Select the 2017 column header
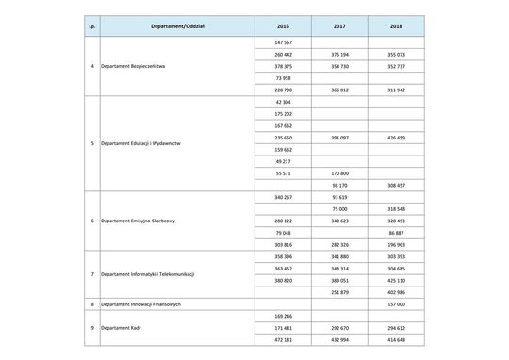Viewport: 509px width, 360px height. pos(339,26)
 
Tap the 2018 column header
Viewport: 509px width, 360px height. pos(396,26)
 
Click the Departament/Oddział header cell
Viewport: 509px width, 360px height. pos(175,26)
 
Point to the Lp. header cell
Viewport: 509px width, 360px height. pos(90,26)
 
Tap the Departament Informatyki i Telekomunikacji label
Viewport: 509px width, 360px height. pos(154,274)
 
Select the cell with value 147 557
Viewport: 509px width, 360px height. pos(283,43)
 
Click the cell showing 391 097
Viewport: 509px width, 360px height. pos(339,137)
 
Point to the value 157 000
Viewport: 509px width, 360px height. pos(396,304)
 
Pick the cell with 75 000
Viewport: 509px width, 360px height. pos(339,209)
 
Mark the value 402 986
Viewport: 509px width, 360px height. pos(396,292)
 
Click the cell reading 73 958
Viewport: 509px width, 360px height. pos(283,78)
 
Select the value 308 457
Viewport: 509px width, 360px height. pos(396,186)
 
